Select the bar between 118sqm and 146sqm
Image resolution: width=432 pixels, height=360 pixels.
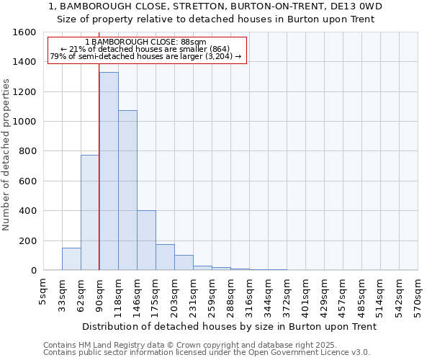(x=127, y=190)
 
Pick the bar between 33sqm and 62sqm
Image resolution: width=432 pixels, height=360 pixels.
(x=71, y=259)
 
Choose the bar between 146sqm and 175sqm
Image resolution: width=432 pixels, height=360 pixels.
(x=146, y=240)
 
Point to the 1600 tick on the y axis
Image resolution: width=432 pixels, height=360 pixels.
(x=25, y=32)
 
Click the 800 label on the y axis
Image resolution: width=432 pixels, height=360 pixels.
(x=27, y=151)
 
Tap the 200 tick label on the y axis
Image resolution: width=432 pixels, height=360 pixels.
(x=27, y=240)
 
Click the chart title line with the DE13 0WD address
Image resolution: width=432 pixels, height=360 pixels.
(x=215, y=6)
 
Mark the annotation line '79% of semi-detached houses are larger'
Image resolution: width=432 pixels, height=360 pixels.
(x=146, y=56)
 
